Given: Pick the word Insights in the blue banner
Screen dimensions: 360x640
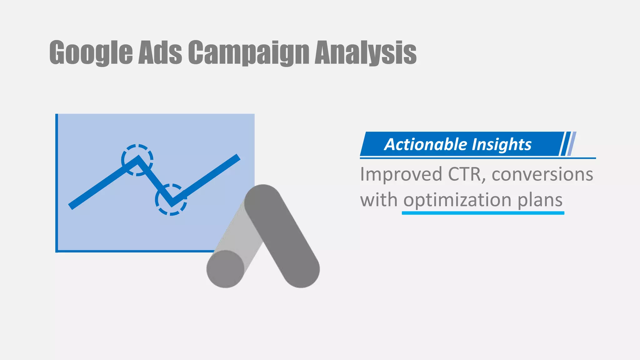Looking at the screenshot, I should point(501,144).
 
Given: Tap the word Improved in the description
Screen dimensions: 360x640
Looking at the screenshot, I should point(401,174).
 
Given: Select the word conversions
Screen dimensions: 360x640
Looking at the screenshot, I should point(542,174).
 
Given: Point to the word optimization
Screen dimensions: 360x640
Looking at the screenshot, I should point(457,200).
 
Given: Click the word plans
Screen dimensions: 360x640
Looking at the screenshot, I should point(540,200).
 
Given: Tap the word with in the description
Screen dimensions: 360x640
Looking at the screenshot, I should point(378,200).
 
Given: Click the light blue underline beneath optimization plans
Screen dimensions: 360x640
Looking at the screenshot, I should point(483,213).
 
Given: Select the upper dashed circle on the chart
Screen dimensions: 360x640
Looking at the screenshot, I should point(137,160).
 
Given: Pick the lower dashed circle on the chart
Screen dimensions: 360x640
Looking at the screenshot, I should point(171,200).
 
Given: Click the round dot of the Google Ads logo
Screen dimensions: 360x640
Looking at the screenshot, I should point(225,269).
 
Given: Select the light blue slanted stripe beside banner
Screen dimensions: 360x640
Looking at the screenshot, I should point(572,144).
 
